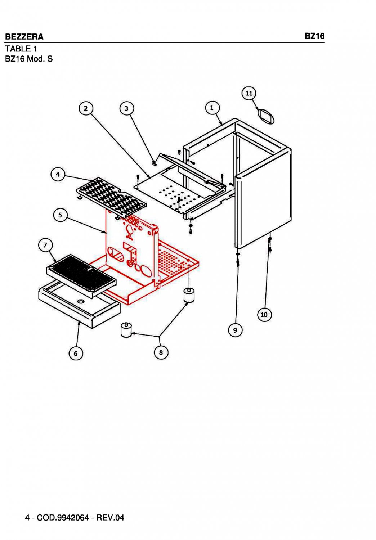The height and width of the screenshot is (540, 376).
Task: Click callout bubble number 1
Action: coord(212,108)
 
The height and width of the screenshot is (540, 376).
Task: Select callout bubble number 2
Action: coord(86,108)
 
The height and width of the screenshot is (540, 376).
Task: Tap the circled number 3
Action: coord(126,108)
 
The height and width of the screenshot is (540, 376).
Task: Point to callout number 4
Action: coord(58,175)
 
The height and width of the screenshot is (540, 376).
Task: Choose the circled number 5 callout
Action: coord(60,215)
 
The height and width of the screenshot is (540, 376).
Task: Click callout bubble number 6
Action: coord(76,354)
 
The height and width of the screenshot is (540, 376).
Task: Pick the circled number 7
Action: coord(45,246)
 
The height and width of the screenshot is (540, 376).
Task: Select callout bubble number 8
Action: coord(161,352)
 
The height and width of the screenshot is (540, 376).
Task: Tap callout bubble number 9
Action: coord(235,330)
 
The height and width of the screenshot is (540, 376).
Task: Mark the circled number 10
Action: coord(264,315)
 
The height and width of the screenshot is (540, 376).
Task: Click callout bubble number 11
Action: coord(249,93)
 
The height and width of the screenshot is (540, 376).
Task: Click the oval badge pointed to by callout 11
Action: coord(266,116)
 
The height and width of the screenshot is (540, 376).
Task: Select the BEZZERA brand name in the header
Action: coord(24,36)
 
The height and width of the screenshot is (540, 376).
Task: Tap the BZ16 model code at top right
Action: coord(314,36)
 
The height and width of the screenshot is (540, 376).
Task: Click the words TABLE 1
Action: coord(21,49)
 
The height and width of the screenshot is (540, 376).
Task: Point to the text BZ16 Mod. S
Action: coord(29,59)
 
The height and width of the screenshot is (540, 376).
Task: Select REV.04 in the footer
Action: coord(110,518)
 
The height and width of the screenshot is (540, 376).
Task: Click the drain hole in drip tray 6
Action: coord(80,301)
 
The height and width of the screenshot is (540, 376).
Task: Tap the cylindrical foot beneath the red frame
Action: coord(189,295)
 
